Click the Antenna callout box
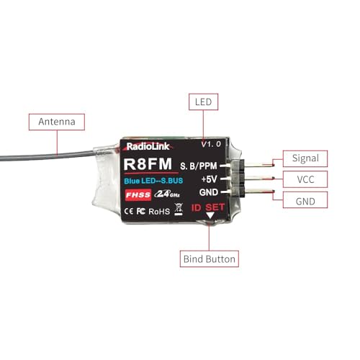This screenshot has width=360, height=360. click(57, 122)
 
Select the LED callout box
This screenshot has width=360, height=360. click(203, 102)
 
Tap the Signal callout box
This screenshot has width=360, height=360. click(305, 158)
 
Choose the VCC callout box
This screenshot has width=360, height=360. click(305, 179)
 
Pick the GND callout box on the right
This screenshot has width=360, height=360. click(305, 200)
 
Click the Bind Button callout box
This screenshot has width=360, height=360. click(210, 259)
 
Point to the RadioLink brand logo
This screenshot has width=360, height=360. click(148, 146)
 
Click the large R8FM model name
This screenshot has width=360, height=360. click(148, 163)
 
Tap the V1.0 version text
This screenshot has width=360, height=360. click(211, 144)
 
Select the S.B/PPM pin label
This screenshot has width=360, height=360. click(199, 166)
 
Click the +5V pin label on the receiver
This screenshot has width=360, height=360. click(209, 179)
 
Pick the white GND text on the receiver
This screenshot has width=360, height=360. click(209, 192)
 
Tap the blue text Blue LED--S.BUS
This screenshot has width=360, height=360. click(153, 181)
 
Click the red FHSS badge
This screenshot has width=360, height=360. click(138, 194)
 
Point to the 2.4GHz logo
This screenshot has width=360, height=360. click(167, 194)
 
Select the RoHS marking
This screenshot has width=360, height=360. click(159, 212)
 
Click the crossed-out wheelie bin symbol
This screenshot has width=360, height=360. click(179, 209)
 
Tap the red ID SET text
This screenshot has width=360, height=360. click(208, 207)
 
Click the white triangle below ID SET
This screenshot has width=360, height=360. click(210, 215)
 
